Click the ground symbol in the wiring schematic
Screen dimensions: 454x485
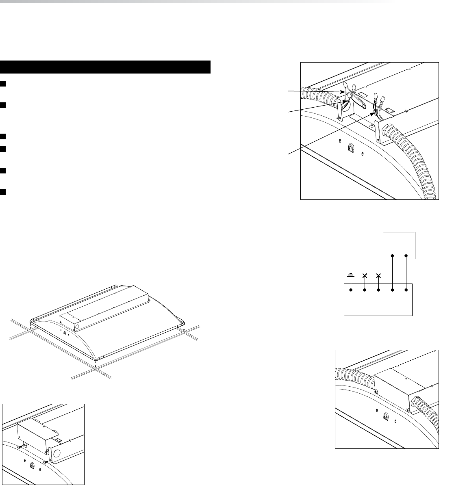tap(351, 275)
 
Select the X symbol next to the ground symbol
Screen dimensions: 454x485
tap(365, 275)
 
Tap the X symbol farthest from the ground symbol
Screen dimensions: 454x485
tap(379, 275)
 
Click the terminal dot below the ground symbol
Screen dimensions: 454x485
tap(351, 290)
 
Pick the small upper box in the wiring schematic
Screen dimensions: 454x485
tap(399, 245)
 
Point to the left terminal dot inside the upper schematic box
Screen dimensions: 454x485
tap(392, 256)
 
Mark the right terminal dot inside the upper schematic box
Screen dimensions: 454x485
tap(406, 256)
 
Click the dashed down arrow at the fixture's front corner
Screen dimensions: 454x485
tap(95, 365)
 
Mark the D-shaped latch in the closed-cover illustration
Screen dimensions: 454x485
tap(386, 416)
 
